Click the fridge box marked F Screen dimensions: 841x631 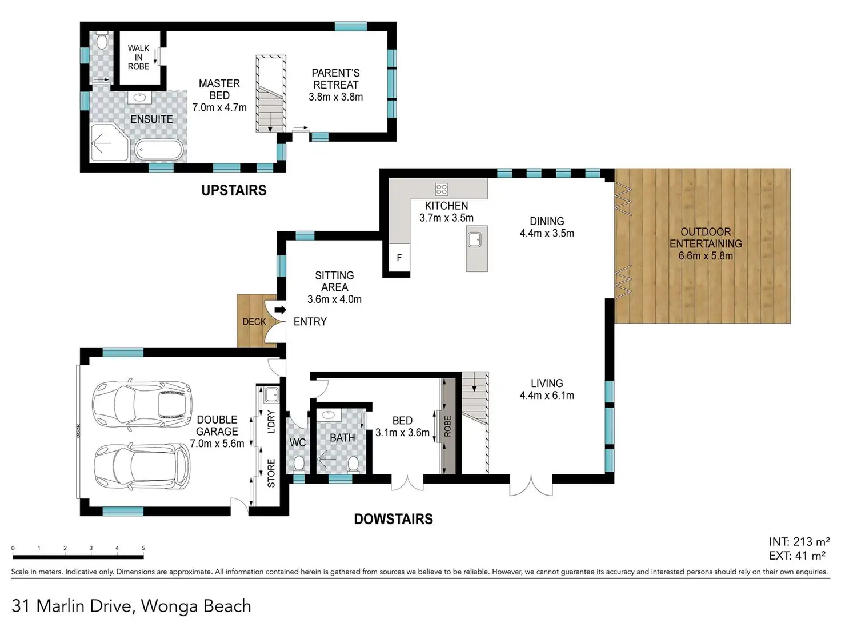coord(399,258)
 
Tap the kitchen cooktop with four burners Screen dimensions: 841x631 coord(442,189)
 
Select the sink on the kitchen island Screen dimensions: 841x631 coord(474,240)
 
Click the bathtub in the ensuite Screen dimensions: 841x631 coord(159,150)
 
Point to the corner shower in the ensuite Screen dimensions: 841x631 coord(109,142)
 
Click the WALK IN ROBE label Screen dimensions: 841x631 coord(138,58)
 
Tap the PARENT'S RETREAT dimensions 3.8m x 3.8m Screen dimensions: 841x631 coord(335,97)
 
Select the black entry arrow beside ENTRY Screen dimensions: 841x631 coord(280,310)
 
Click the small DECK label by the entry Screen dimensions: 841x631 coord(254,321)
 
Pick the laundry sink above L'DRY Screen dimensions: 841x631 coord(271,394)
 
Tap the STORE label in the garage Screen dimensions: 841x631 coord(271,473)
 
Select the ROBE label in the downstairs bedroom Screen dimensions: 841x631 coord(447,426)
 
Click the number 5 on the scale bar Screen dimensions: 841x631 coord(143,548)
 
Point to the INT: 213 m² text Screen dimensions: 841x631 coord(799,541)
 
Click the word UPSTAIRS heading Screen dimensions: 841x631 coord(234,190)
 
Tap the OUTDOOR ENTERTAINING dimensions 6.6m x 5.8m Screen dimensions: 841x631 coord(706,255)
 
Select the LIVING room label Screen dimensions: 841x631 coord(547,383)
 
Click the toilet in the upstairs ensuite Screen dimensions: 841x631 coord(102,41)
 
